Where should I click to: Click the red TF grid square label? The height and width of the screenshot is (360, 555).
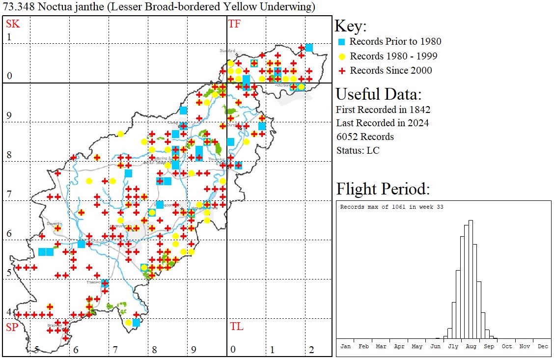click(234, 24)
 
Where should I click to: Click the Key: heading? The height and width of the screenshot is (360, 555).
click(351, 27)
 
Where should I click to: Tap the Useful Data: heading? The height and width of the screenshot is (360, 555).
click(378, 94)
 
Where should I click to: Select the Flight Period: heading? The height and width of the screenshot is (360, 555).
click(383, 189)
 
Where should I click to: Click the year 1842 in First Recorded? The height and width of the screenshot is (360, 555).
click(420, 110)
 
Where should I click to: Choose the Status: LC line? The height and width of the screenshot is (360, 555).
click(358, 150)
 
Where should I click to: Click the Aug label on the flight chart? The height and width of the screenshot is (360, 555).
click(471, 346)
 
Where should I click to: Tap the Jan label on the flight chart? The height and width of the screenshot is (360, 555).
click(345, 346)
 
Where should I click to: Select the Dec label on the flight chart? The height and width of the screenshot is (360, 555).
click(543, 346)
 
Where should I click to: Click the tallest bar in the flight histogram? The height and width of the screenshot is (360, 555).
click(471, 280)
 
